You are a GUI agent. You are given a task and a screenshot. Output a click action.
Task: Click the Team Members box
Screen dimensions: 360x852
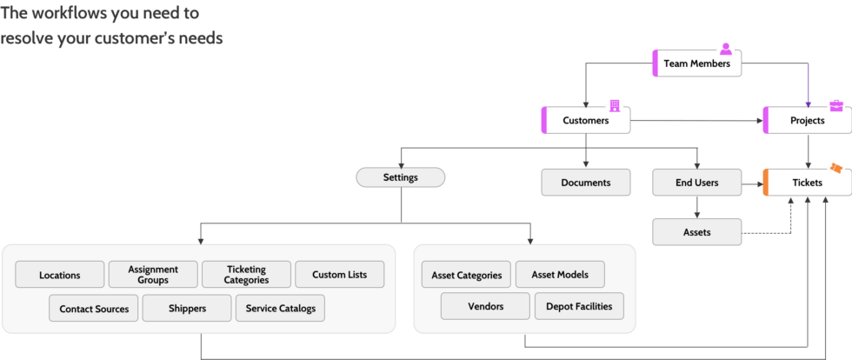tap(696, 63)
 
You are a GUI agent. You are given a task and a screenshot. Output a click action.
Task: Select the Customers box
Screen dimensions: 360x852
tap(585, 121)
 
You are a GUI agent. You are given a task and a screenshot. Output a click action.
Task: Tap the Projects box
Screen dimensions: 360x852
tap(807, 121)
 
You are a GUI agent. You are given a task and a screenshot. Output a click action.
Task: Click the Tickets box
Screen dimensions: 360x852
tap(807, 183)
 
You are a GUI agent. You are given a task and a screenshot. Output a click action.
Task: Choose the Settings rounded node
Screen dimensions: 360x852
tap(401, 177)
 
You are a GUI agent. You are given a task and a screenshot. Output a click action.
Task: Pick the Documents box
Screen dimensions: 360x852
tap(585, 183)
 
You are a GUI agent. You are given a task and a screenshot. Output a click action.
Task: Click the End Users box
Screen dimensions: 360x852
tap(696, 183)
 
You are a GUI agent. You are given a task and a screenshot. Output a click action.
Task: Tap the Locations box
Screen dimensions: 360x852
tap(60, 275)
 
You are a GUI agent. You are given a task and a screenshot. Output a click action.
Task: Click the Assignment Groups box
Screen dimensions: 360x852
tap(153, 275)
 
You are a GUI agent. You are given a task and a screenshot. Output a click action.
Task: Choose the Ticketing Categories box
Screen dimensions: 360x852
tap(246, 275)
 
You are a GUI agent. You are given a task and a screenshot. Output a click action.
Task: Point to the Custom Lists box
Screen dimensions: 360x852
tap(339, 275)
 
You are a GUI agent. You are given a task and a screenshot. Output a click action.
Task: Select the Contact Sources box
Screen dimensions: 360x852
tap(94, 309)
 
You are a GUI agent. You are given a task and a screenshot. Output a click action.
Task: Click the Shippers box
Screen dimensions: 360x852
tap(187, 309)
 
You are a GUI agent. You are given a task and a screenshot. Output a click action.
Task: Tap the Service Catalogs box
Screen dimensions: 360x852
tap(280, 309)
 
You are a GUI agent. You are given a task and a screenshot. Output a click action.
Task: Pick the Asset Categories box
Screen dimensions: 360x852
tap(467, 275)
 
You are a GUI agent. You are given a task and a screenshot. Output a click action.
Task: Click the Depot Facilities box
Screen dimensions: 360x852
tap(579, 306)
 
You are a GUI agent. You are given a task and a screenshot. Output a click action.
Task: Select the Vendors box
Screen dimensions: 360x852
tap(485, 306)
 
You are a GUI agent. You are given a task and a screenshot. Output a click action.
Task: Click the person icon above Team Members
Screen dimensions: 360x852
tap(725, 49)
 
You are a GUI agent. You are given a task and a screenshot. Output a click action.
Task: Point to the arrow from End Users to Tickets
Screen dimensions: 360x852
tap(752, 183)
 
